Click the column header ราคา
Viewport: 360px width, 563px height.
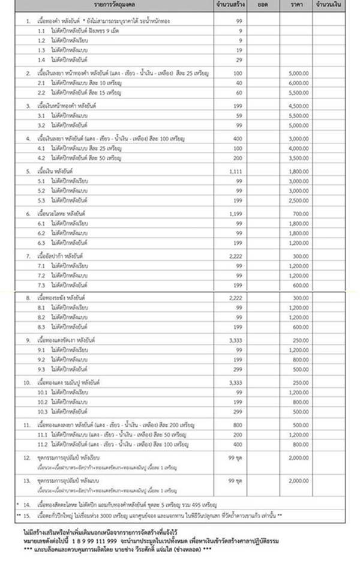[295, 5]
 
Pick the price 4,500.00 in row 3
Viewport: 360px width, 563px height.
[298, 105]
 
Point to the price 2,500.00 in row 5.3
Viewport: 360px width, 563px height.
[298, 200]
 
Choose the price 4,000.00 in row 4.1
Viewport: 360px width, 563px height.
[298, 148]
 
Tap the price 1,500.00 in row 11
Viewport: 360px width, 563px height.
[298, 424]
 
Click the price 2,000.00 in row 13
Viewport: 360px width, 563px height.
[298, 481]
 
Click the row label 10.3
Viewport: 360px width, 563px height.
[43, 411]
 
